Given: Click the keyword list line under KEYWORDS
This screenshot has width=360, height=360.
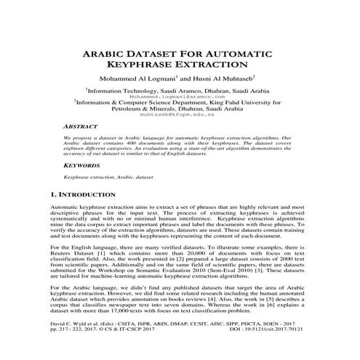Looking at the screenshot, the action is [x=108, y=177].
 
